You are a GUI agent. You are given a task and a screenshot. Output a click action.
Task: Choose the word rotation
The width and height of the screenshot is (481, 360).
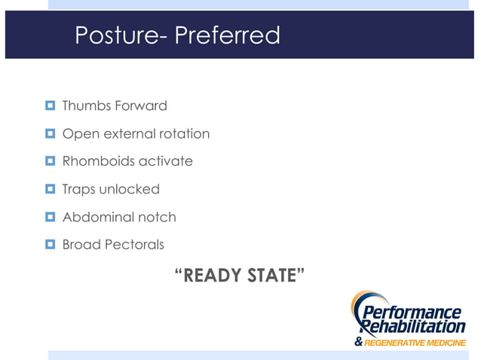tap(184, 134)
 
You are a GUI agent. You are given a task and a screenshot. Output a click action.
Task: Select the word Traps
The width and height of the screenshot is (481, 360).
tap(78, 189)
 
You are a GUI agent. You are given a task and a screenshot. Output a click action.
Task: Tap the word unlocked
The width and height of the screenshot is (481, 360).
tap(129, 189)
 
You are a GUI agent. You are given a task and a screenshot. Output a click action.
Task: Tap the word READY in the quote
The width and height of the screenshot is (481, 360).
tap(213, 276)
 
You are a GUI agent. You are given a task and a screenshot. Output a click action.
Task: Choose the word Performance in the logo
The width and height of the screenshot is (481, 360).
tap(413, 312)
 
